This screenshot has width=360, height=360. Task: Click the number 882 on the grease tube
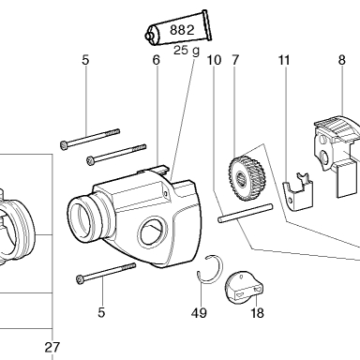(182, 30)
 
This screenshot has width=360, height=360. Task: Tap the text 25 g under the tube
(187, 50)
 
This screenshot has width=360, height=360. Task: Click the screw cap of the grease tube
(150, 36)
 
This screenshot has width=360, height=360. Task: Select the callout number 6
(157, 60)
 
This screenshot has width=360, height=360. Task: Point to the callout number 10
(214, 60)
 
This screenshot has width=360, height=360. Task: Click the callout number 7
(235, 60)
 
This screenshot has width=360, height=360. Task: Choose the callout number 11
(284, 60)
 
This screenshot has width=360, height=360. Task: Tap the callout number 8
(341, 60)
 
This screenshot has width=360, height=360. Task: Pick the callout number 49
(199, 312)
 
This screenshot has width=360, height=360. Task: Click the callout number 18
(257, 312)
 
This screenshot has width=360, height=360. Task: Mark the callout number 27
(52, 347)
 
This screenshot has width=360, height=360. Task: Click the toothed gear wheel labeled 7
(247, 178)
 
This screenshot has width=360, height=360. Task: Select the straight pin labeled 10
(246, 213)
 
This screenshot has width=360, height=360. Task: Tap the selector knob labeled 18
(244, 288)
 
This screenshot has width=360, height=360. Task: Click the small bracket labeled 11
(297, 191)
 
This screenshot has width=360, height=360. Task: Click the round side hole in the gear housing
(151, 232)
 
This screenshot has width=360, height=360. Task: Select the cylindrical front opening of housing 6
(82, 218)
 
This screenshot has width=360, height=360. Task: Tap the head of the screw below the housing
(80, 278)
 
